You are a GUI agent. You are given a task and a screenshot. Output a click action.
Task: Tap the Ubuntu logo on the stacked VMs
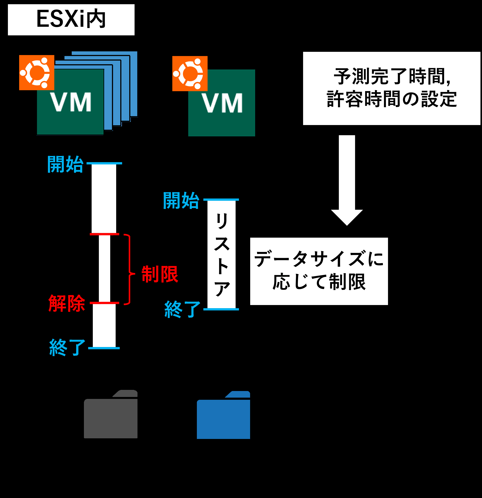[x=37, y=73]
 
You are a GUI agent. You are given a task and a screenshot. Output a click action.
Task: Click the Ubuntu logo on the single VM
[x=190, y=74]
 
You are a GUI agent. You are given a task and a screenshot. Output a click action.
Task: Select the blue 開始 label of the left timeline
[x=65, y=164]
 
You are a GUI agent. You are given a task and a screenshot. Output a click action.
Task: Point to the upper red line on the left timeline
[x=104, y=234]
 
